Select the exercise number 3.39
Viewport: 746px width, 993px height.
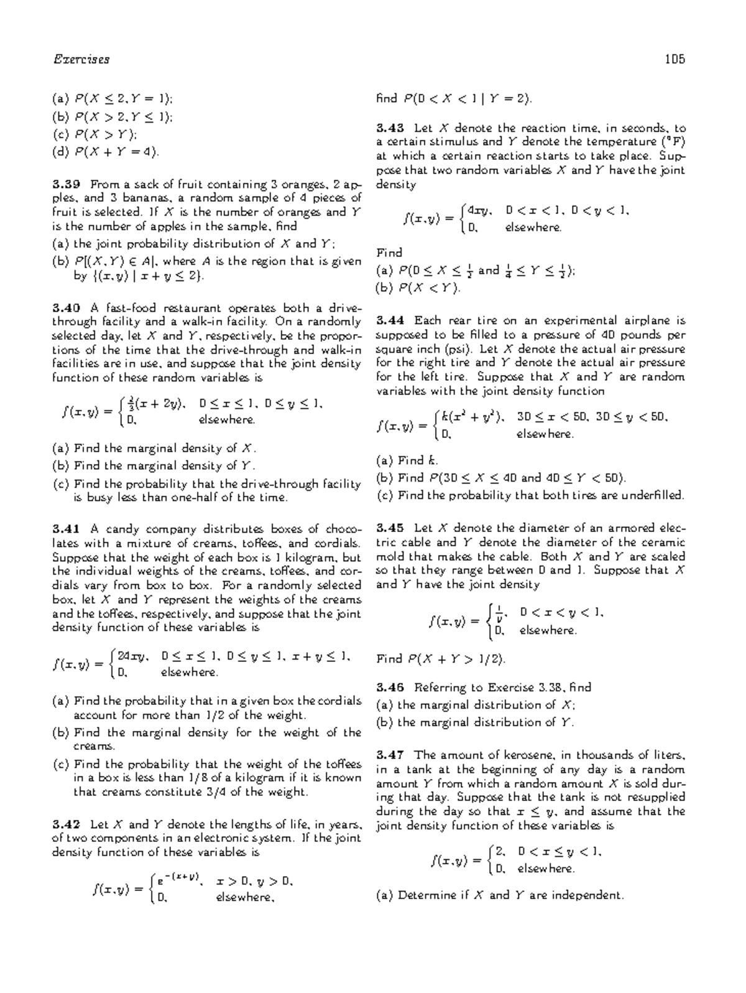[x=66, y=184]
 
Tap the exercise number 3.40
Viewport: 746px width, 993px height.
[x=66, y=308]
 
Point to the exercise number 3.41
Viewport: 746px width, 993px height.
[x=66, y=529]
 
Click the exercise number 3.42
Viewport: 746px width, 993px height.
[x=66, y=824]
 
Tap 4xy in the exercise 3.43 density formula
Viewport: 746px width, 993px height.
[x=477, y=211]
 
